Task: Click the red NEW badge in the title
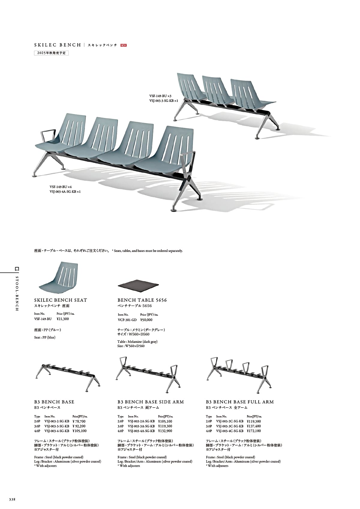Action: [123, 45]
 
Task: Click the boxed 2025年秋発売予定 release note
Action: [51, 53]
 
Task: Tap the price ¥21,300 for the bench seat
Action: [63, 319]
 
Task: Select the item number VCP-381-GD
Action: [127, 320]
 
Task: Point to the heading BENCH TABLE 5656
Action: [142, 300]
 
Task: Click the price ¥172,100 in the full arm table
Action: [254, 431]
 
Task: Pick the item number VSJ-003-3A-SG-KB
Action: [141, 426]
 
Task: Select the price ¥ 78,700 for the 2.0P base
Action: [79, 421]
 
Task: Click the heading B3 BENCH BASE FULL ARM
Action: [240, 402]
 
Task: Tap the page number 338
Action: [12, 499]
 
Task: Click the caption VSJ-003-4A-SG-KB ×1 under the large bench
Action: [65, 192]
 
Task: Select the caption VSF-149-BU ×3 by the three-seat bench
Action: [160, 96]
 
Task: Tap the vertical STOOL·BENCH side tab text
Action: [17, 293]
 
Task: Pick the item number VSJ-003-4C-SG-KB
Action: [230, 431]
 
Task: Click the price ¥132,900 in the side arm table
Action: [165, 431]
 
